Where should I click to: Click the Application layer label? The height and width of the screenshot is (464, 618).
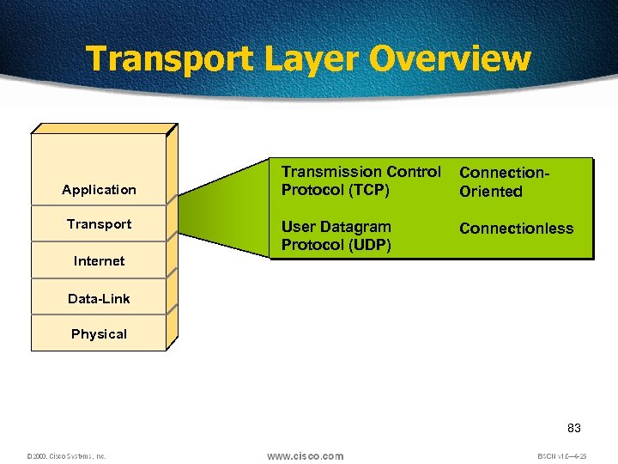(99, 190)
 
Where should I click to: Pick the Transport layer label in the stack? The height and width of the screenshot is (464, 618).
(99, 224)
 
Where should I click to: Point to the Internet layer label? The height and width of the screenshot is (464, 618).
(99, 261)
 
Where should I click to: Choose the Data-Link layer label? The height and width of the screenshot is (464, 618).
(99, 299)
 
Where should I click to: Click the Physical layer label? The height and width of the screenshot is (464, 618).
(99, 334)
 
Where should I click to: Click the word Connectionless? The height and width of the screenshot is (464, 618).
(516, 229)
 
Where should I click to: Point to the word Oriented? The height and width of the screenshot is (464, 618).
(490, 192)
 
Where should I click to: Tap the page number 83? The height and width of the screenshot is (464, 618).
(574, 428)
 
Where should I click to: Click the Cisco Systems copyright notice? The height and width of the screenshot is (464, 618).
(65, 456)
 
